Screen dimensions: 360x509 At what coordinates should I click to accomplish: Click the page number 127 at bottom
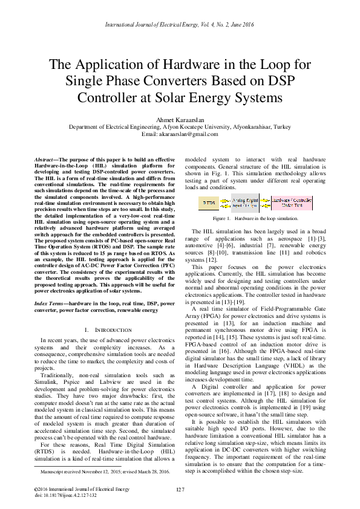coord(180,488)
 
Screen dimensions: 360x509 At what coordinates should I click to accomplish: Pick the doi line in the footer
coord(65,494)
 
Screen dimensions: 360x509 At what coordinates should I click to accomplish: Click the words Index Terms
coord(49,302)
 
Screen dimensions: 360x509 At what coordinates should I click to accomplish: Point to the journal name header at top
coord(180,24)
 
